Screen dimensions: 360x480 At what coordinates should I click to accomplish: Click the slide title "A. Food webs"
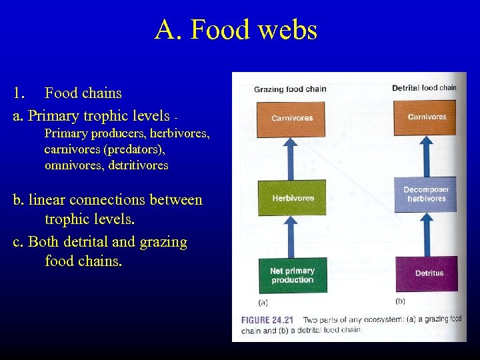(236, 30)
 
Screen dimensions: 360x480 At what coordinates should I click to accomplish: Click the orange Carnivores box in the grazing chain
(291, 118)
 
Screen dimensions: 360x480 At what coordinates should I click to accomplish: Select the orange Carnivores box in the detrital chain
(426, 117)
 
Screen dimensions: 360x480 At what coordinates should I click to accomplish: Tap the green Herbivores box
(292, 198)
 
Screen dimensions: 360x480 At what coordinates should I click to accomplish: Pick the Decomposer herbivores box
(426, 194)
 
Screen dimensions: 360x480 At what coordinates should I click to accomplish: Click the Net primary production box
(292, 275)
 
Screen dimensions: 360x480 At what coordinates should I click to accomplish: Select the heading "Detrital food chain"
(424, 87)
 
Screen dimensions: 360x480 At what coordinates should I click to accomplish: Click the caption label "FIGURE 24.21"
(270, 319)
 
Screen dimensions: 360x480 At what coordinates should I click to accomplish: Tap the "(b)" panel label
(400, 301)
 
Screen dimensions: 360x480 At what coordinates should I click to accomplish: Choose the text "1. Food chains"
(67, 93)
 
